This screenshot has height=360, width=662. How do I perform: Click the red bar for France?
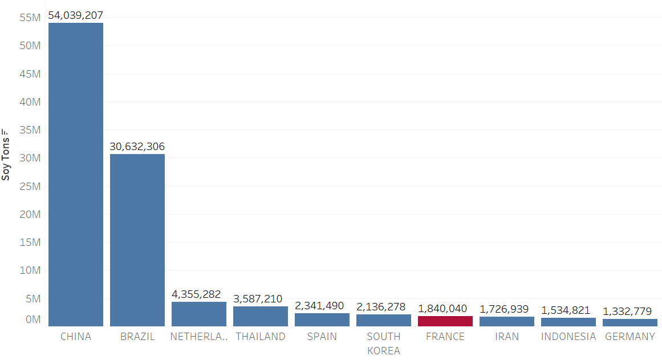point(445,321)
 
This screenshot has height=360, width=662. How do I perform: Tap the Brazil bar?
point(137,240)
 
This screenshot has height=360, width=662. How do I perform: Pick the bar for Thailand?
point(261,316)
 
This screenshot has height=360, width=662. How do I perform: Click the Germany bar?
point(629,322)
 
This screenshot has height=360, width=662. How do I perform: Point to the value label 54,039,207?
point(76,15)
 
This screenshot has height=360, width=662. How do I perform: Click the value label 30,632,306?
point(137,147)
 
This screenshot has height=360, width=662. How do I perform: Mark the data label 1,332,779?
point(629,312)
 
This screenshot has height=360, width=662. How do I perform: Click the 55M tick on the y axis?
point(30,18)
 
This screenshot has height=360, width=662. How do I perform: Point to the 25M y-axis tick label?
point(30,187)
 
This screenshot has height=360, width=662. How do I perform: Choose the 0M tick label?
point(33,319)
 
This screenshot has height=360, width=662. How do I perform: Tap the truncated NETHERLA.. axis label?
point(199,337)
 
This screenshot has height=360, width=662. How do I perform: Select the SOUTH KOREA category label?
point(383,343)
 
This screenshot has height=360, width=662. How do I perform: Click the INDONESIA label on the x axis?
point(568,337)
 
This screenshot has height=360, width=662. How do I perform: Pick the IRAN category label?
point(506,337)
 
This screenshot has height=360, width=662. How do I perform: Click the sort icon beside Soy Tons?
point(6,131)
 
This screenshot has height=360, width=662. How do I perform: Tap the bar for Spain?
point(322,319)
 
